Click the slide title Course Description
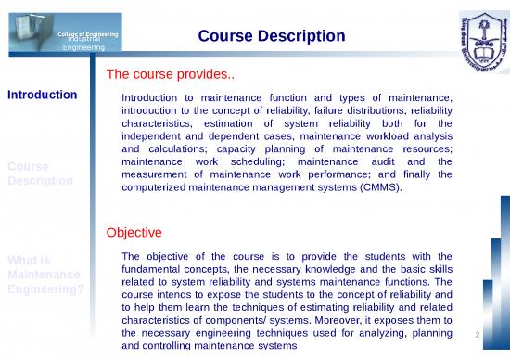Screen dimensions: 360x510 [272, 36]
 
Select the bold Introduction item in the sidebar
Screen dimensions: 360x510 [43, 95]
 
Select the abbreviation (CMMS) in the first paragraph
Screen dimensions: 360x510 [380, 186]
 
